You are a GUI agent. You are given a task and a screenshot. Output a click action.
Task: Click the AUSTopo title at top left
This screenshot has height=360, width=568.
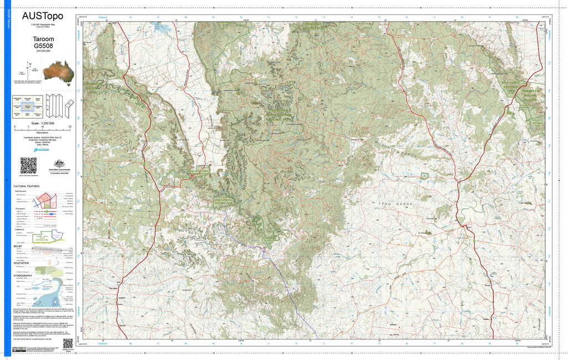42,17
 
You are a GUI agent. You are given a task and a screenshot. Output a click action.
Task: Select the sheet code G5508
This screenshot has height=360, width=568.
42,47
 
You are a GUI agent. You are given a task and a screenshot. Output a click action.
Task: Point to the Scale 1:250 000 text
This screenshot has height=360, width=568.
42,123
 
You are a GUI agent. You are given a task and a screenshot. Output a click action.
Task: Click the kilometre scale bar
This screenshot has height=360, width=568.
42,128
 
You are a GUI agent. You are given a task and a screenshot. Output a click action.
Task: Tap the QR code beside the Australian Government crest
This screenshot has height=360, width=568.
28,165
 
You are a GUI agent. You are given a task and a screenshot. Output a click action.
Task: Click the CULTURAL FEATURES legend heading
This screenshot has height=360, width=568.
27,186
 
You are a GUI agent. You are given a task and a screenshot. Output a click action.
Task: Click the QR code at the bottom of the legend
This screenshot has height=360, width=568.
68,343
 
